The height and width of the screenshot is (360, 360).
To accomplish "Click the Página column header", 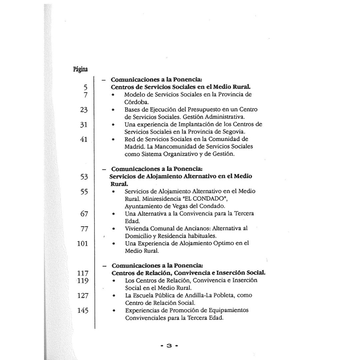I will tap(80, 70).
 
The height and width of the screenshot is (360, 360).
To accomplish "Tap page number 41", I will tap(83, 139).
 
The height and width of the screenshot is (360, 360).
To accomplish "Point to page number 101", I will tap(82, 244).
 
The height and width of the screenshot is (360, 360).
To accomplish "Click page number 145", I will tap(82, 311).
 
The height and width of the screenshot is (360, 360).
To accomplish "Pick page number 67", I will tap(83, 214).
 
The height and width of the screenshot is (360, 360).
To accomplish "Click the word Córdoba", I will tap(134, 102).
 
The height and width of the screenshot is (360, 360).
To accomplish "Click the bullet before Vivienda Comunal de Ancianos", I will tap(114, 229).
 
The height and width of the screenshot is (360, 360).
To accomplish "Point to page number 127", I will tap(82, 296).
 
